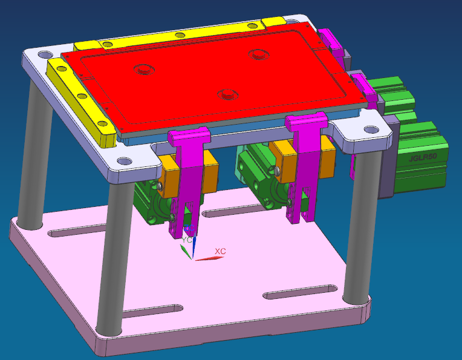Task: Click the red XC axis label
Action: pos(220,250)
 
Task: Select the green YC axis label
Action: pos(187,240)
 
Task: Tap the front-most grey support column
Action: pos(111,254)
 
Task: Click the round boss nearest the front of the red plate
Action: pos(227,94)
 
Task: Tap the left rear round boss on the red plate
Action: pos(144,69)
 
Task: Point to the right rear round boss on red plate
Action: pos(258,54)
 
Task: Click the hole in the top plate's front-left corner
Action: pos(124,162)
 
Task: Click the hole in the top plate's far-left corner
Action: pos(44,54)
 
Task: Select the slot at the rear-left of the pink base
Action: pos(68,233)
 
